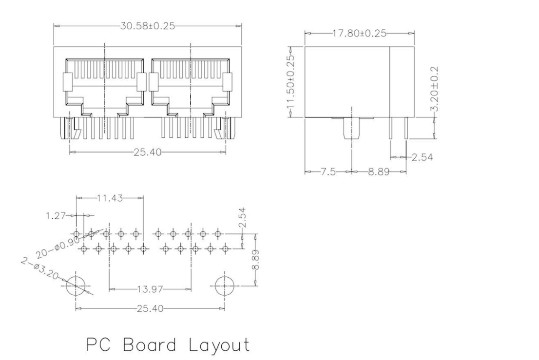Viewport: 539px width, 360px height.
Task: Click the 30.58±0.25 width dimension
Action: (x=147, y=26)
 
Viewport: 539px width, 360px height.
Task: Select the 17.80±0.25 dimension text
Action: (x=359, y=33)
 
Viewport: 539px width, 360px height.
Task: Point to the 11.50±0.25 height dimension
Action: (x=291, y=82)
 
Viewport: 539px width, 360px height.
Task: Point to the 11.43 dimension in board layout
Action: (x=110, y=198)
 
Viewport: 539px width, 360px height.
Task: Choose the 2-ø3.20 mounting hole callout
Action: (x=40, y=269)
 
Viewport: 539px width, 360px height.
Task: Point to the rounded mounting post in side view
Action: (x=351, y=129)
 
